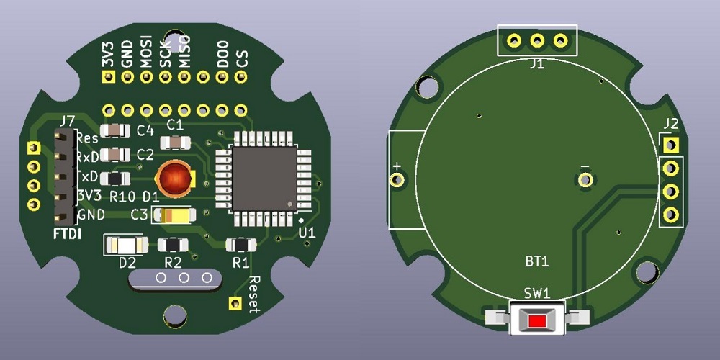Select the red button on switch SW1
(x=537, y=321)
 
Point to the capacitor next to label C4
(x=114, y=131)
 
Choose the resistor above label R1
(x=241, y=245)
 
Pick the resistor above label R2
(x=173, y=245)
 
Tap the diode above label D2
(x=126, y=246)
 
